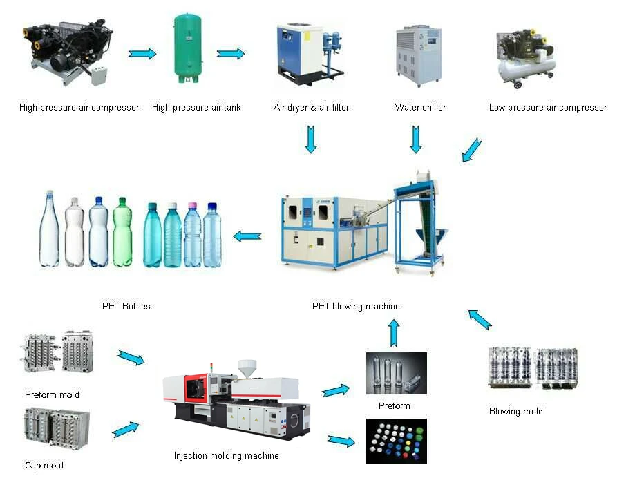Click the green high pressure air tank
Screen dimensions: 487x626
pyautogui.click(x=188, y=48)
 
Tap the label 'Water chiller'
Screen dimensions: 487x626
pyautogui.click(x=420, y=107)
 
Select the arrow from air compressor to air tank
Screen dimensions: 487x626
pyautogui.click(x=142, y=54)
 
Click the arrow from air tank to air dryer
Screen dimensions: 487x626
pyautogui.click(x=231, y=54)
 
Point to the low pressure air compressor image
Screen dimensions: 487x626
pyautogui.click(x=526, y=59)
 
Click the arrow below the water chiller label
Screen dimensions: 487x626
pyautogui.click(x=416, y=139)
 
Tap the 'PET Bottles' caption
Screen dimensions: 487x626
pyautogui.click(x=126, y=306)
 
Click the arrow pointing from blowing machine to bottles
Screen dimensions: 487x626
pyautogui.click(x=247, y=236)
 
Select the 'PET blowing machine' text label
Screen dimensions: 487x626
pyautogui.click(x=356, y=306)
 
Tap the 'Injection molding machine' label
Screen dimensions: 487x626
pyautogui.click(x=227, y=455)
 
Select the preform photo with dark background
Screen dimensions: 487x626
pyautogui.click(x=396, y=373)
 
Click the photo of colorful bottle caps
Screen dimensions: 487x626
pyautogui.click(x=396, y=441)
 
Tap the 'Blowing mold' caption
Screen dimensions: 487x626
pyautogui.click(x=515, y=411)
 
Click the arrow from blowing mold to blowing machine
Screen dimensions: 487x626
pyautogui.click(x=480, y=318)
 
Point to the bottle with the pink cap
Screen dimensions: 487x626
pyautogui.click(x=192, y=235)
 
